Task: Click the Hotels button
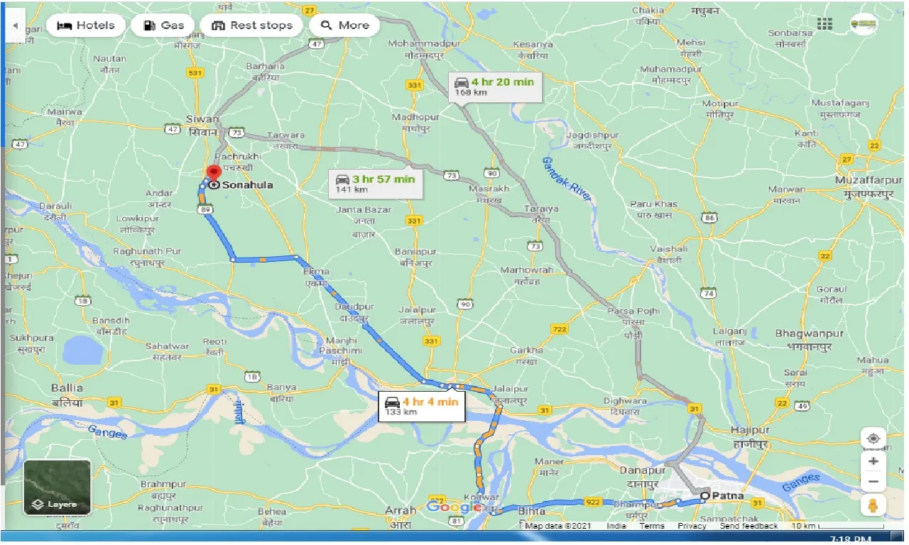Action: click(86, 26)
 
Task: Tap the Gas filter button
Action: click(163, 26)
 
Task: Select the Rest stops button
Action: click(252, 26)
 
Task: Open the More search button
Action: click(345, 26)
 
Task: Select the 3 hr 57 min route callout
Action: click(376, 183)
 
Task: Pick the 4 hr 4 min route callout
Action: click(422, 406)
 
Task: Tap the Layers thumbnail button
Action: click(57, 488)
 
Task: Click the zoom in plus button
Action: click(873, 461)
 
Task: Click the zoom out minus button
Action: click(873, 482)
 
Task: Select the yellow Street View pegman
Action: click(873, 506)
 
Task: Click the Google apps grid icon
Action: click(824, 24)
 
